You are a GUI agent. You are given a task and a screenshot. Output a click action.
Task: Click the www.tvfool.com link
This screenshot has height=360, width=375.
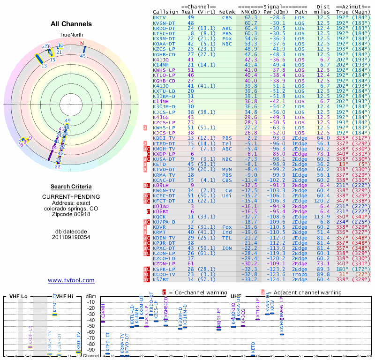(x=71, y=280)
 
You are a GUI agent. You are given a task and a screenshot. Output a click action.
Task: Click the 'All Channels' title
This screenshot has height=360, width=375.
(x=71, y=24)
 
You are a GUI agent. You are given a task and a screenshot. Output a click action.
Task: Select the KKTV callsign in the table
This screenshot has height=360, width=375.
(x=159, y=17)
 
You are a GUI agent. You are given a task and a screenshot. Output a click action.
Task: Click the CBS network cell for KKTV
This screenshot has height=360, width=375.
(x=227, y=17)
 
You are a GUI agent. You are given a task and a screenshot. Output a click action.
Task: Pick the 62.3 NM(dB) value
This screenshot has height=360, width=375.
(x=251, y=17)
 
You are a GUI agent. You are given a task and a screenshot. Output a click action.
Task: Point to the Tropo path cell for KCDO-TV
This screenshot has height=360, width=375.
(x=301, y=274)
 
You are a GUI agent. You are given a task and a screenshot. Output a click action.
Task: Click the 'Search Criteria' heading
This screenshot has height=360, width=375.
(x=71, y=187)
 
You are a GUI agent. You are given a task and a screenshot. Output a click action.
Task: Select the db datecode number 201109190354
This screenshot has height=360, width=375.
(x=71, y=237)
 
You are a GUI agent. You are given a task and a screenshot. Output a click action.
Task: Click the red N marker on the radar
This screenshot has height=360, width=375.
(x=82, y=44)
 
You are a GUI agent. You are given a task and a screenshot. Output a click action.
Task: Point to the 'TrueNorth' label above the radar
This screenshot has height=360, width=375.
(x=71, y=35)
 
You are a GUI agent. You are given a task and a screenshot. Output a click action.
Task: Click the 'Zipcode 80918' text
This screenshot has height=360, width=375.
(x=71, y=215)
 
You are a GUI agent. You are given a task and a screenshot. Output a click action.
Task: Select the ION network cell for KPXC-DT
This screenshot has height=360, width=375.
(x=227, y=248)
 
